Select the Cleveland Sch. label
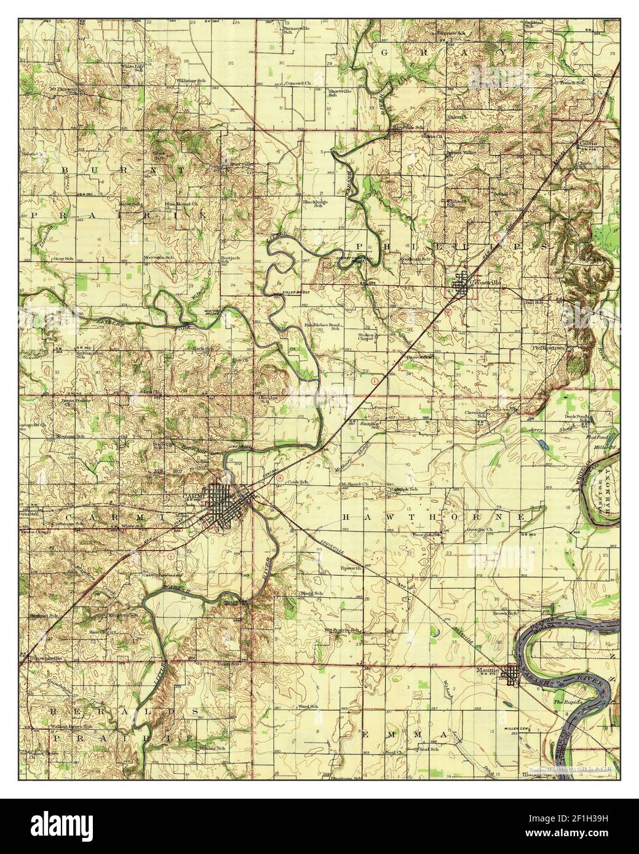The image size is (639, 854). pos(477,413)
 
